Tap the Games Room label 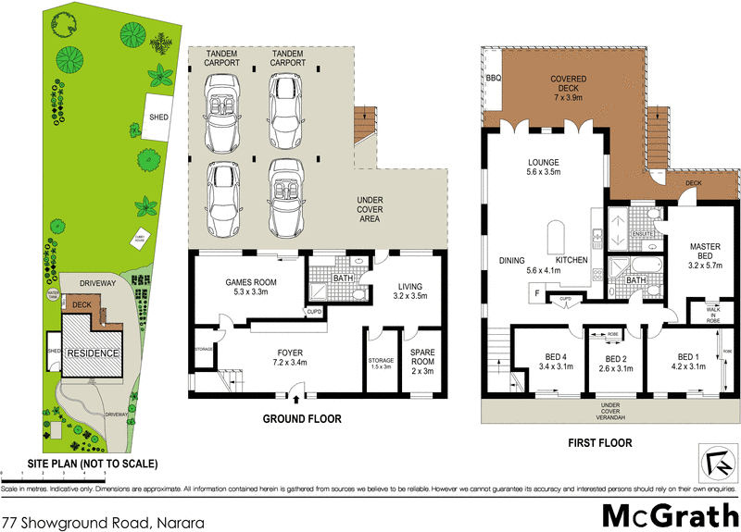click(x=246, y=287)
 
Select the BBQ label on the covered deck click(x=493, y=80)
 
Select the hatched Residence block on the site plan click(x=92, y=353)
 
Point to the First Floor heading click(x=600, y=443)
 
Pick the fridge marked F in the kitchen click(x=536, y=293)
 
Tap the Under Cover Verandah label click(x=609, y=410)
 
